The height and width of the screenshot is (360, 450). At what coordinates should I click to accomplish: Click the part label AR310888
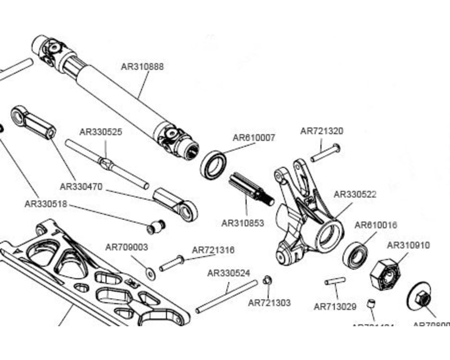(x=142, y=66)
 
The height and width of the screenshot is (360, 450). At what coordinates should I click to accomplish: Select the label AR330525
(x=101, y=132)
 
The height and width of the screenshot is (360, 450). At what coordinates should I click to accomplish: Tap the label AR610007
(x=254, y=137)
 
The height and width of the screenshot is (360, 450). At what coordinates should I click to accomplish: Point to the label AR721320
(x=322, y=131)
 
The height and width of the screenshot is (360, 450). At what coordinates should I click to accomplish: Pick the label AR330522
(x=355, y=194)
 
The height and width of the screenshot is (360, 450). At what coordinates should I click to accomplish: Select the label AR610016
(x=376, y=225)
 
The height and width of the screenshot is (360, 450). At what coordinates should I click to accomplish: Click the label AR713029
(x=335, y=307)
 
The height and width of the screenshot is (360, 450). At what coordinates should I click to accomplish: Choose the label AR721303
(x=269, y=303)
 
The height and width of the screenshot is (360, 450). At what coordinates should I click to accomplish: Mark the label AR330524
(x=229, y=273)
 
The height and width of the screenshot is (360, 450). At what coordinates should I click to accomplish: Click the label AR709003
(x=127, y=247)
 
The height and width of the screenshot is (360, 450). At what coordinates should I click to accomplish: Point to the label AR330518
(x=46, y=204)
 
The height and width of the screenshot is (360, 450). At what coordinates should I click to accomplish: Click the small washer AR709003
(x=150, y=273)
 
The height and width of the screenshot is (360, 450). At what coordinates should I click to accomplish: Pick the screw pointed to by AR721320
(x=325, y=152)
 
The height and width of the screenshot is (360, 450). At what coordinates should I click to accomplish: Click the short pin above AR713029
(x=336, y=281)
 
